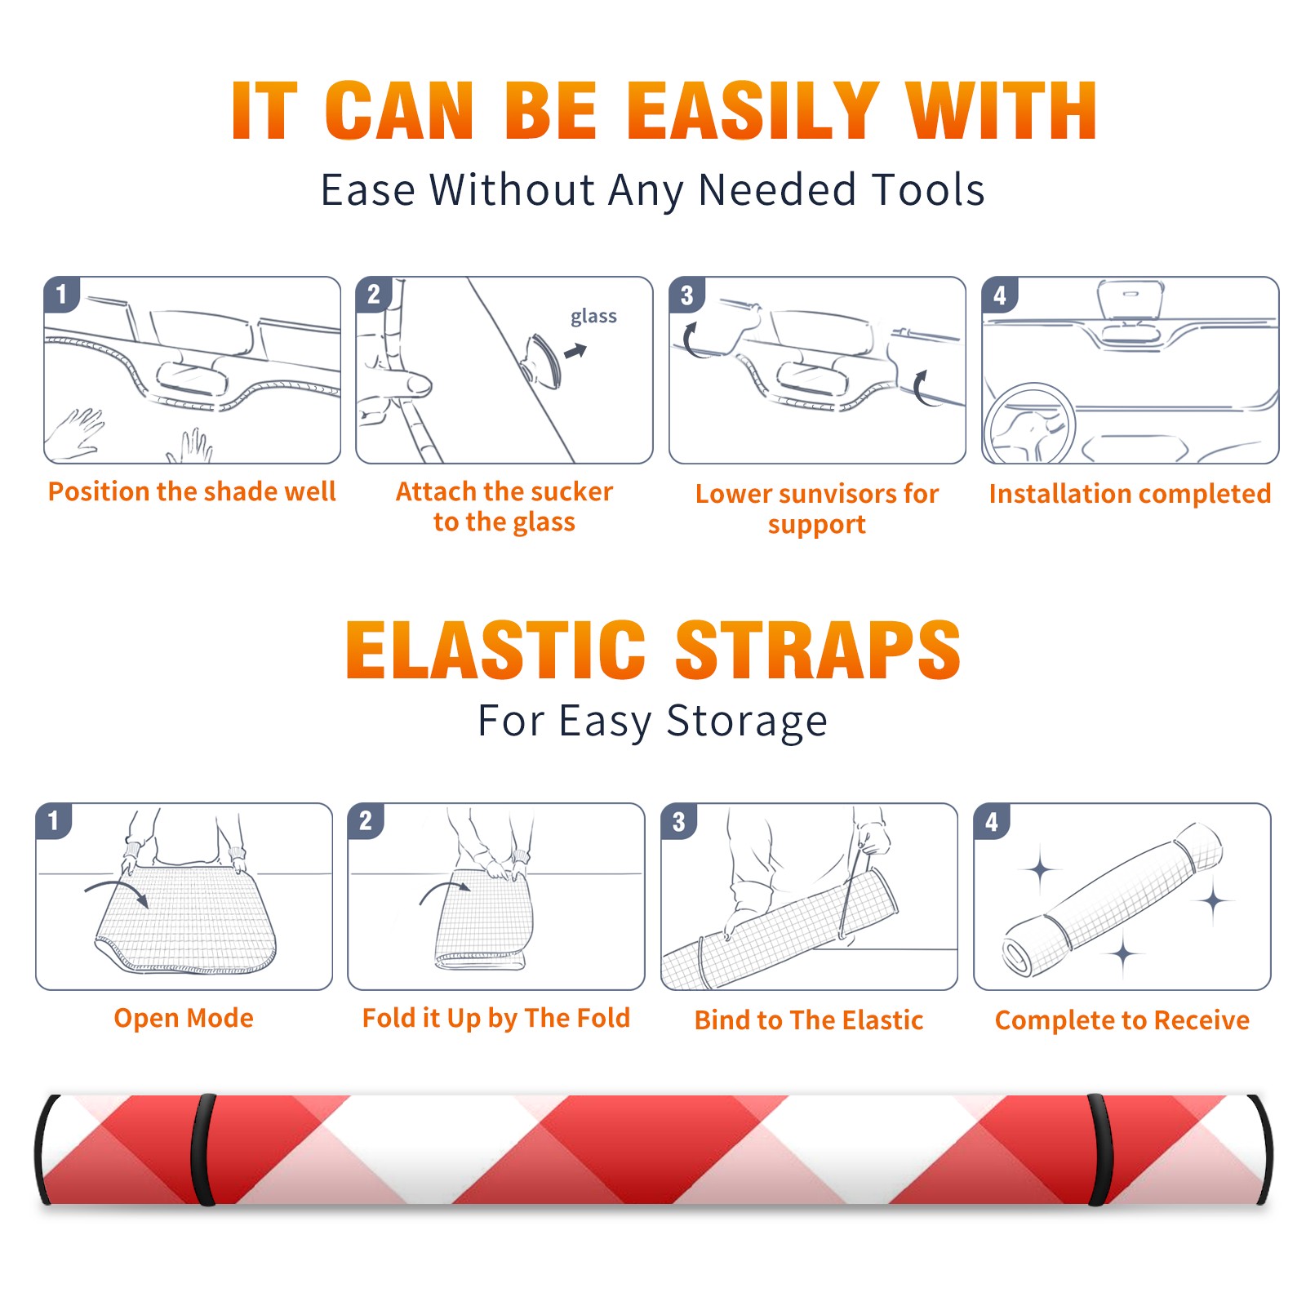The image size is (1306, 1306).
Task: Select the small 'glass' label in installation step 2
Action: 593,317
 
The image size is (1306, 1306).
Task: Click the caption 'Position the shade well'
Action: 192,491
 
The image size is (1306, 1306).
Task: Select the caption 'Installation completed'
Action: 1130,494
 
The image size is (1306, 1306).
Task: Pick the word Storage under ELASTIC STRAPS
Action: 747,722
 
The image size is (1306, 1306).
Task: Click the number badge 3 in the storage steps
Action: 679,821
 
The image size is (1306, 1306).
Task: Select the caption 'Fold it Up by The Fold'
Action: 496,1018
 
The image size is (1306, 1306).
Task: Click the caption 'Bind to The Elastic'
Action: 809,1020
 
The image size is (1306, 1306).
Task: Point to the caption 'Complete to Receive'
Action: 1122,1020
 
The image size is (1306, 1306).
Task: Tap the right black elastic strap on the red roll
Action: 1099,1149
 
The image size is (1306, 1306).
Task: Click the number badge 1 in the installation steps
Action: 62,294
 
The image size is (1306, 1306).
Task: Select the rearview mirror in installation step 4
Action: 1131,300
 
